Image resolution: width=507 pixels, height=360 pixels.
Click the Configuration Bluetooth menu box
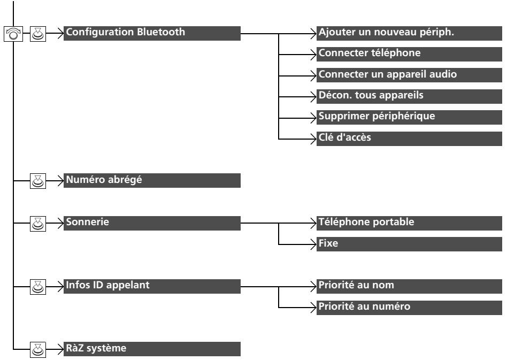pos(152,33)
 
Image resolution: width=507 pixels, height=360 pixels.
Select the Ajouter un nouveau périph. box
pos(409,33)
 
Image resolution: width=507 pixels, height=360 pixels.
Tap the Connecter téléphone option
pos(409,55)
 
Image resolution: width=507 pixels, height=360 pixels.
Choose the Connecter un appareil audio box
pos(409,75)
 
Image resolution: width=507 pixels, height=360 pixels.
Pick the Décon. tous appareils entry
pos(409,96)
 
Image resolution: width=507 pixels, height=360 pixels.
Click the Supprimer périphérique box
pos(409,117)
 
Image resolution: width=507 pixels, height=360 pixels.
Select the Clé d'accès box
pos(409,139)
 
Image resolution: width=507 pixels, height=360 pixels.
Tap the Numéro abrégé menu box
pos(152,180)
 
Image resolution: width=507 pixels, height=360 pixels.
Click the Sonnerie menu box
pos(152,223)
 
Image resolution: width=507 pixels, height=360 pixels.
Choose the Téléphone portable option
pos(409,223)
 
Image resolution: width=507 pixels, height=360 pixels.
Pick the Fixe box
pos(409,244)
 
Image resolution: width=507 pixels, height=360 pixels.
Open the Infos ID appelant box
pos(152,287)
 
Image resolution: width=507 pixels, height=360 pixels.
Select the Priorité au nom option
pos(409,287)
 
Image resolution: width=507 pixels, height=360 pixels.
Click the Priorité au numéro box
pos(409,308)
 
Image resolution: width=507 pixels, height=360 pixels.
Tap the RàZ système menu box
pos(152,349)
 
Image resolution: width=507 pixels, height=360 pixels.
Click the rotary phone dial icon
pos(13,34)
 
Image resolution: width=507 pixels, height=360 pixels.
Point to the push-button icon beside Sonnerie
pos(38,224)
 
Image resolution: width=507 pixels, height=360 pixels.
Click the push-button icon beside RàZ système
pos(38,350)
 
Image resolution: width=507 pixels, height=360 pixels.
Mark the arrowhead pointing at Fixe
pos(313,244)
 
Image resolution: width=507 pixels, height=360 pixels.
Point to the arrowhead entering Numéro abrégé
pos(60,180)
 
